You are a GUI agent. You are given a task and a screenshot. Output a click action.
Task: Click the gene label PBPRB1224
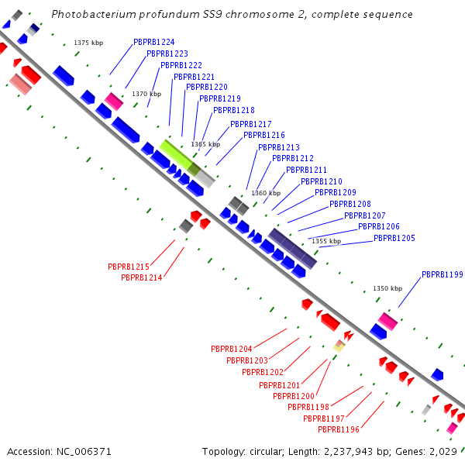(154, 42)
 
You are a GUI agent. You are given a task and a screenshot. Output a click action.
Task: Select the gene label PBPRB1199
(443, 274)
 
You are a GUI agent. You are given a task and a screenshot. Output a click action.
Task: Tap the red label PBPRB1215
(129, 267)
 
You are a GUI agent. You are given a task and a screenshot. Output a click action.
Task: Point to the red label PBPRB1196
(339, 429)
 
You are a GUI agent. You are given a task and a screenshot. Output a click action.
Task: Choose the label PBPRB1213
(279, 147)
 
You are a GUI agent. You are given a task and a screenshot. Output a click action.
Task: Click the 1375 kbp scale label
(88, 43)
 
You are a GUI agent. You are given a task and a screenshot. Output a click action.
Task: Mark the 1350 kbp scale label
(387, 288)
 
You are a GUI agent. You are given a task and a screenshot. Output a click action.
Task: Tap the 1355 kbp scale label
(326, 241)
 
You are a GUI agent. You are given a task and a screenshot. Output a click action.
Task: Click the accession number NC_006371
(84, 452)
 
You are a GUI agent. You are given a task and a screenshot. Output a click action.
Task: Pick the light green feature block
(180, 158)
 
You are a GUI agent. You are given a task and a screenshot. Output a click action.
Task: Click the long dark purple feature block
(292, 249)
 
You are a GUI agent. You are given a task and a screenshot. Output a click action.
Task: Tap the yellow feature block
(339, 346)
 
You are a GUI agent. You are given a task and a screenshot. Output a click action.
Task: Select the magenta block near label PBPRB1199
(388, 322)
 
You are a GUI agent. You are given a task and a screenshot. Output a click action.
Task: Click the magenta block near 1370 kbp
(114, 102)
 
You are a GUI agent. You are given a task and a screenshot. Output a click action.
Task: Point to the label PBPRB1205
(394, 238)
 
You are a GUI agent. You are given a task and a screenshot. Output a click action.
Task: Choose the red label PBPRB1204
(231, 349)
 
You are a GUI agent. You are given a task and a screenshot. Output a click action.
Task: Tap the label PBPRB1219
(220, 98)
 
